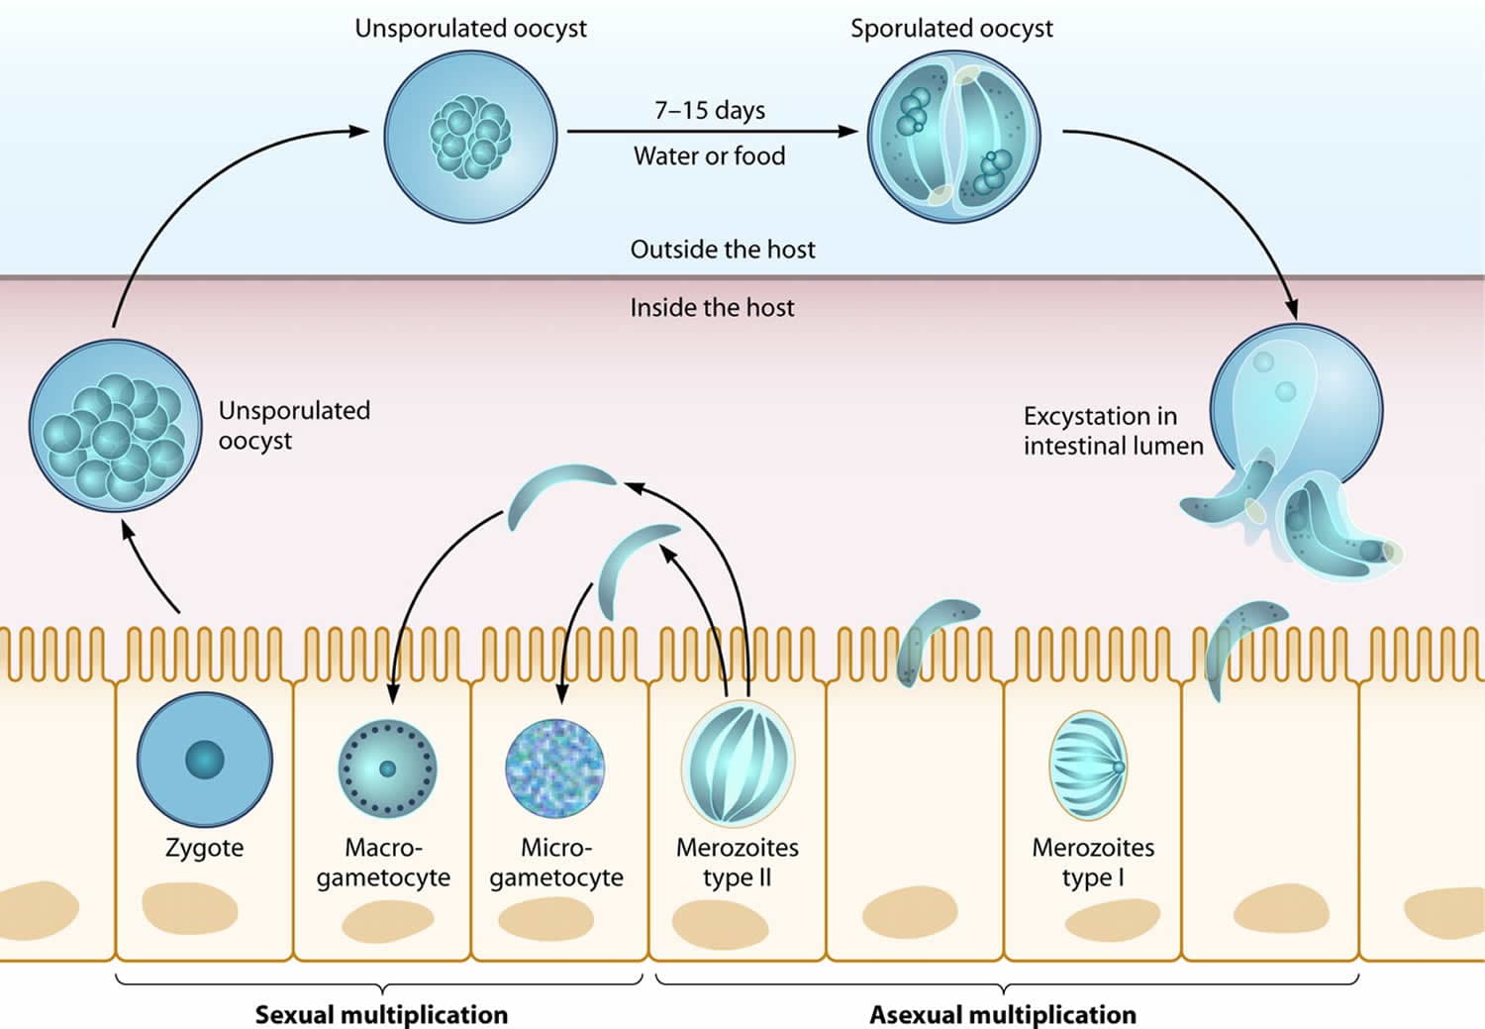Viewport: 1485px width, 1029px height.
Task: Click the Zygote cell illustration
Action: click(205, 760)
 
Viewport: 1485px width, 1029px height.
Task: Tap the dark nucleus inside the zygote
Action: click(205, 760)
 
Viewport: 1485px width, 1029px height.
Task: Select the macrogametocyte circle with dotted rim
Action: click(388, 769)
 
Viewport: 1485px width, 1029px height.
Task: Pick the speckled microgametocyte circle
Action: click(554, 769)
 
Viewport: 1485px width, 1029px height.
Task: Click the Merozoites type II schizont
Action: click(738, 764)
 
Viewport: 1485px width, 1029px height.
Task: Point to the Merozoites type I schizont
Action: click(1088, 766)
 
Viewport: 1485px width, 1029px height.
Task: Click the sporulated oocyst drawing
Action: click(954, 137)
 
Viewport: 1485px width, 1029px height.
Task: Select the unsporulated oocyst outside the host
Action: click(470, 137)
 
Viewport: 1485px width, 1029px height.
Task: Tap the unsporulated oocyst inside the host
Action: click(116, 426)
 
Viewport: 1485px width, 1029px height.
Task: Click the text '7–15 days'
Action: click(710, 110)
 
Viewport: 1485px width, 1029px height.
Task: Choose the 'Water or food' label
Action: click(710, 155)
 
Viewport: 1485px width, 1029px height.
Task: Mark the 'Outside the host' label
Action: click(723, 250)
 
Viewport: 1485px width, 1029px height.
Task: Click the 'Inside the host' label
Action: click(712, 308)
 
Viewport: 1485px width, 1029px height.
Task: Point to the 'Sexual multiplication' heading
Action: click(382, 1015)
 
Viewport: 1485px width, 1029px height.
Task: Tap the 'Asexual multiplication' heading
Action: click(1003, 1015)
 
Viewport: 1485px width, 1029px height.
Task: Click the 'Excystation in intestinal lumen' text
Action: click(1113, 431)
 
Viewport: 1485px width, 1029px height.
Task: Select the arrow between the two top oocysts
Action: click(713, 132)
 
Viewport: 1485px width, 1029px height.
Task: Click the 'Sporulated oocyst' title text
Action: click(952, 29)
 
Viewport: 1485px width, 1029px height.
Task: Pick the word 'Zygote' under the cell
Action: click(204, 848)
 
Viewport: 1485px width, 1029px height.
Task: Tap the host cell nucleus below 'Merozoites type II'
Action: click(721, 924)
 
